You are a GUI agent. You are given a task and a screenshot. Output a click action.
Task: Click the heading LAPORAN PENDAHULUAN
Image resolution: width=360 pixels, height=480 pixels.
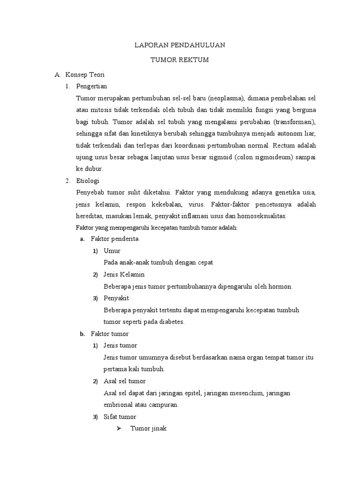180,45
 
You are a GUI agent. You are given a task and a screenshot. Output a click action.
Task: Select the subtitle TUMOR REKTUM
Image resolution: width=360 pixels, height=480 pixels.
180,60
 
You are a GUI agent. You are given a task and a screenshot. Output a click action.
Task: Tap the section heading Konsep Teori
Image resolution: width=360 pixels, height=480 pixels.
85,75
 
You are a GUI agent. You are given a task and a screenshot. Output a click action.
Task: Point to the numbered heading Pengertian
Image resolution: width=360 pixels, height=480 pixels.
91,86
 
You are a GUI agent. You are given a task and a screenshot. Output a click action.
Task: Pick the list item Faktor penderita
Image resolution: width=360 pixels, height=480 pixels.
114,239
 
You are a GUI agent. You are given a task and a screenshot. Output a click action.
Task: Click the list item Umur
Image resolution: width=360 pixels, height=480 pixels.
112,251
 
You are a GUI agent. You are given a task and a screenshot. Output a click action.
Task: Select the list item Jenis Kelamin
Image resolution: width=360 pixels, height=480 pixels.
124,274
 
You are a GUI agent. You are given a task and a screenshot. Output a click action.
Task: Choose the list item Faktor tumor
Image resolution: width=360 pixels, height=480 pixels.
110,334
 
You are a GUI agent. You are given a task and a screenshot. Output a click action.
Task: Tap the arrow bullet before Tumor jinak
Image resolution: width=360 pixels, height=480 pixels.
119,429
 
